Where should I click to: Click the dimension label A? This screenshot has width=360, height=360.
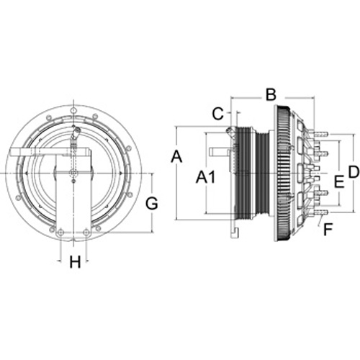pyautogui.click(x=176, y=157)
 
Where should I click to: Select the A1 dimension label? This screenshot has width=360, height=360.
pyautogui.click(x=205, y=178)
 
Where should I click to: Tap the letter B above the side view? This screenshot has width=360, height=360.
pyautogui.click(x=271, y=94)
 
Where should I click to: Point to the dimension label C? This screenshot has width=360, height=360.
pyautogui.click(x=218, y=114)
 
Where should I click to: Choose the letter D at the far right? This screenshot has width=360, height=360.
pyautogui.click(x=354, y=172)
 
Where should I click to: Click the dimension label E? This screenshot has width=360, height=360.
pyautogui.click(x=339, y=181)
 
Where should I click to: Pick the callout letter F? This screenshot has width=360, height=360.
pyautogui.click(x=328, y=230)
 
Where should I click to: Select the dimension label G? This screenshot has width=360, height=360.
pyautogui.click(x=152, y=204)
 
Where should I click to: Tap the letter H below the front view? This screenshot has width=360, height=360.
pyautogui.click(x=75, y=262)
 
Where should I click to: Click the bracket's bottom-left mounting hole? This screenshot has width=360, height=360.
pyautogui.click(x=60, y=232)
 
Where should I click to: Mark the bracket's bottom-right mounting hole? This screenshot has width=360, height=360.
pyautogui.click(x=86, y=232)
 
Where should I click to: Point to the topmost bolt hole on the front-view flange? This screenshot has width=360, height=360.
pyautogui.click(x=73, y=110)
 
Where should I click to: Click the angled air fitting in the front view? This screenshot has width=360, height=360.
pyautogui.click(x=76, y=133)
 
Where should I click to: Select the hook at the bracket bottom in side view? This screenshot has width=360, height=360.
pyautogui.click(x=235, y=233)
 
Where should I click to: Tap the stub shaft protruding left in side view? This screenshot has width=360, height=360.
pyautogui.click(x=220, y=152)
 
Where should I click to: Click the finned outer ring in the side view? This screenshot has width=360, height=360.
pyautogui.click(x=283, y=173)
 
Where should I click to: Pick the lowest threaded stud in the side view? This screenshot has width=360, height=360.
pyautogui.click(x=320, y=212)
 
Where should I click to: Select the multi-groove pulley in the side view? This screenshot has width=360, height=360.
pyautogui.click(x=243, y=173)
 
